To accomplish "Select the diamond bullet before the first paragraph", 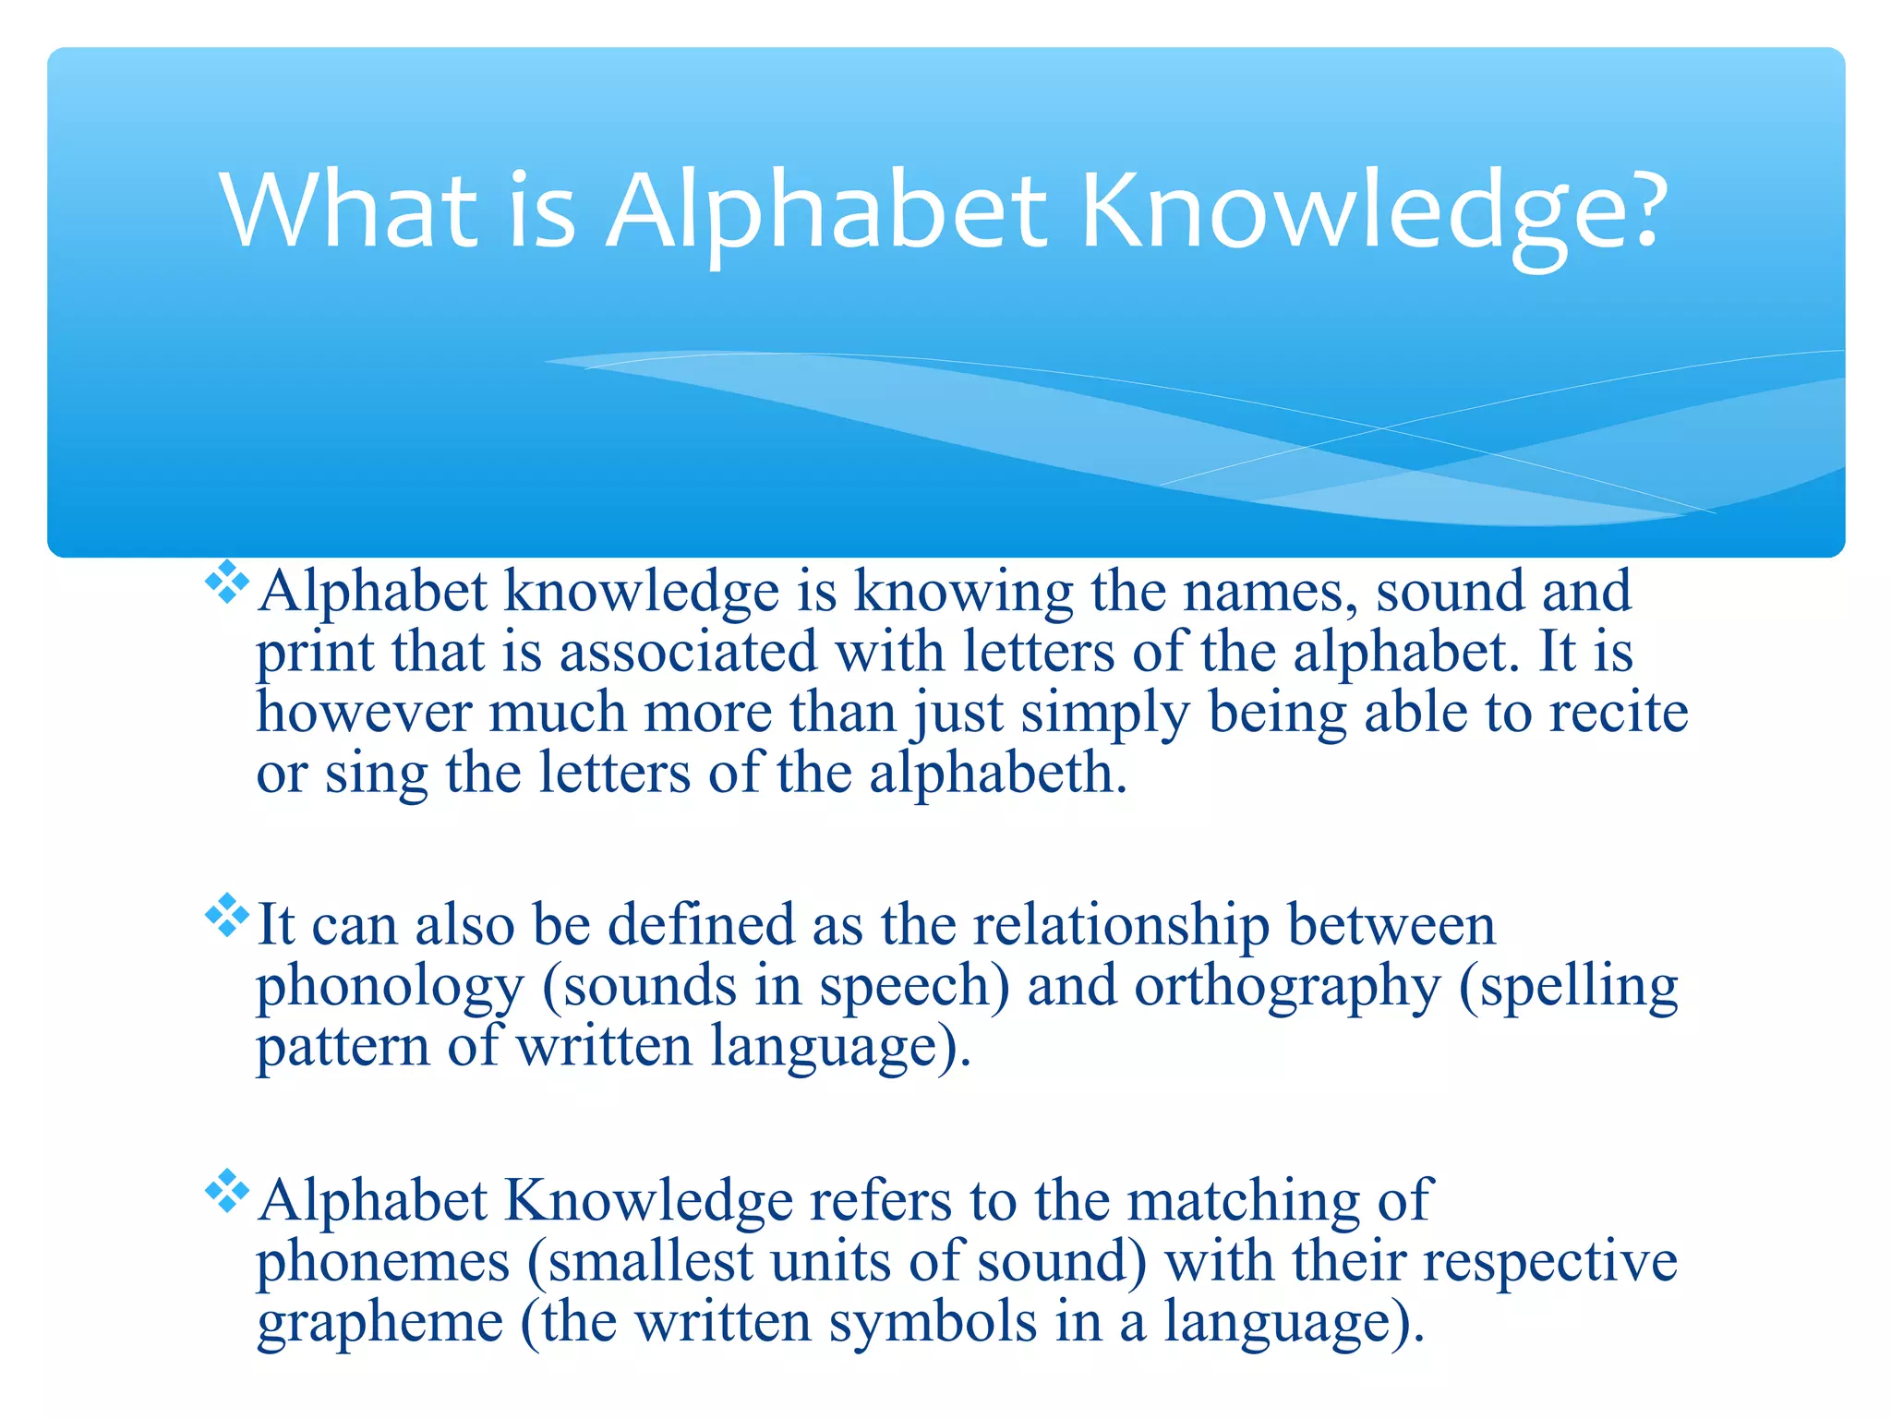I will [227, 583].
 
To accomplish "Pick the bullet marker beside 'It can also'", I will [227, 916].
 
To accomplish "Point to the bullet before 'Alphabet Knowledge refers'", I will [227, 1192].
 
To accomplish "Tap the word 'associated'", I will [688, 652].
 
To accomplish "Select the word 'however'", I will [364, 713].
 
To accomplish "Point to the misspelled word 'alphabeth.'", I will [997, 773].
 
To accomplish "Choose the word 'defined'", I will [701, 925].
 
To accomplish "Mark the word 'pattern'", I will [343, 1047].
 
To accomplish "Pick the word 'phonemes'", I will [382, 1261].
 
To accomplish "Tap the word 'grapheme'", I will [379, 1322].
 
